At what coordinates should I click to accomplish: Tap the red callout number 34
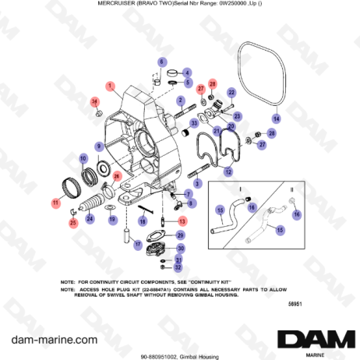pos(95,101)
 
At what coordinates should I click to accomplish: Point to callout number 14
pos(275,118)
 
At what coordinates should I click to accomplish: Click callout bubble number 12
pos(228,171)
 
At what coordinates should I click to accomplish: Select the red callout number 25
pos(72,224)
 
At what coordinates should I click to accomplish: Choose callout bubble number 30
pos(181,249)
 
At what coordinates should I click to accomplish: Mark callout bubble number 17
pos(137,244)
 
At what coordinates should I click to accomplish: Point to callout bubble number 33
pos(193,123)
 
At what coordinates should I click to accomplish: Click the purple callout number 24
pos(90,219)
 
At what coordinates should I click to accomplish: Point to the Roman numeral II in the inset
pos(290,189)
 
